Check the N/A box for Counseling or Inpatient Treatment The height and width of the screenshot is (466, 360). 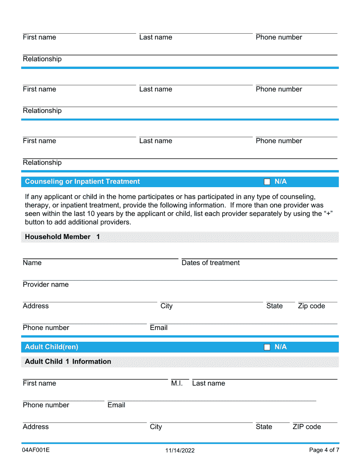(267, 182)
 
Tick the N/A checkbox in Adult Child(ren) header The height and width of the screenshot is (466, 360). (267, 347)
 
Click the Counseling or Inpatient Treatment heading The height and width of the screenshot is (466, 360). (82, 181)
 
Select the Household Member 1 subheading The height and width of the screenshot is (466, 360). (62, 237)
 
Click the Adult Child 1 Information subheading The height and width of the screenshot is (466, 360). (68, 361)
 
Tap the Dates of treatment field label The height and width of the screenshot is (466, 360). (210, 263)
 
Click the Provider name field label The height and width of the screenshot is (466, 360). (45, 285)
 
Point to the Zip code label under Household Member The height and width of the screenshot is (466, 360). (311, 306)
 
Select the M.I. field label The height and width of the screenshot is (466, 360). (177, 383)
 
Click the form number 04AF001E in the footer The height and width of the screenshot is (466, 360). (36, 450)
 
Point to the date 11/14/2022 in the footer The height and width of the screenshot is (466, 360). (180, 450)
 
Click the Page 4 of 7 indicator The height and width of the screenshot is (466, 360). (324, 450)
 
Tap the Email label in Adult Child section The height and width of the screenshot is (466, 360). (116, 405)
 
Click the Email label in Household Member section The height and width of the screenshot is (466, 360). (158, 328)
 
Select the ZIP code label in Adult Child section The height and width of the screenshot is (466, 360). (307, 427)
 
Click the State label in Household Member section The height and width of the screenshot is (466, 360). (274, 306)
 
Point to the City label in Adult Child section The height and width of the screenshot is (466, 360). (156, 427)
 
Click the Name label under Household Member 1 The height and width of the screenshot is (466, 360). (32, 263)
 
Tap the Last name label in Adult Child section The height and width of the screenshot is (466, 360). (208, 383)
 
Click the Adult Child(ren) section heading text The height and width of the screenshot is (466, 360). (52, 347)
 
